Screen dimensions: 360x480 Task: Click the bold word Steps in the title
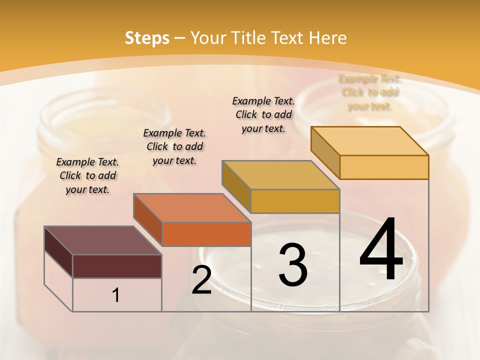pyautogui.click(x=147, y=38)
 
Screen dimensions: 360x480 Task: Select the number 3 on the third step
pyautogui.click(x=293, y=265)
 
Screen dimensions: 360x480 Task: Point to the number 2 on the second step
pyautogui.click(x=201, y=280)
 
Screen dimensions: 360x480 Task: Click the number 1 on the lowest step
pyautogui.click(x=116, y=295)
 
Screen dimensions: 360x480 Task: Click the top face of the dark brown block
pyautogui.click(x=102, y=240)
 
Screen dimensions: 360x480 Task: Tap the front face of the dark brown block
pyautogui.click(x=117, y=266)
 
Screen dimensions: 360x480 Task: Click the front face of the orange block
pyautogui.click(x=206, y=234)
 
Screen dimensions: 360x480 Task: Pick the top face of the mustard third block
pyautogui.click(x=280, y=175)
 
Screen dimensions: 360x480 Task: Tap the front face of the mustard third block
pyautogui.click(x=295, y=201)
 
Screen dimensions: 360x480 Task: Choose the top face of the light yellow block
pyautogui.click(x=369, y=140)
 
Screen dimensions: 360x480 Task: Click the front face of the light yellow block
pyautogui.click(x=384, y=167)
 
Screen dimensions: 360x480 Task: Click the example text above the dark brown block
pyautogui.click(x=87, y=175)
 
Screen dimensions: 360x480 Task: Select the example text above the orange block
pyautogui.click(x=174, y=146)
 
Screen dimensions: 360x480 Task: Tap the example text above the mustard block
pyautogui.click(x=263, y=114)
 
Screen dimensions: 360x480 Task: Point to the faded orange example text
pyautogui.click(x=370, y=92)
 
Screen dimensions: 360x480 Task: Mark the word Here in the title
pyautogui.click(x=327, y=38)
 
